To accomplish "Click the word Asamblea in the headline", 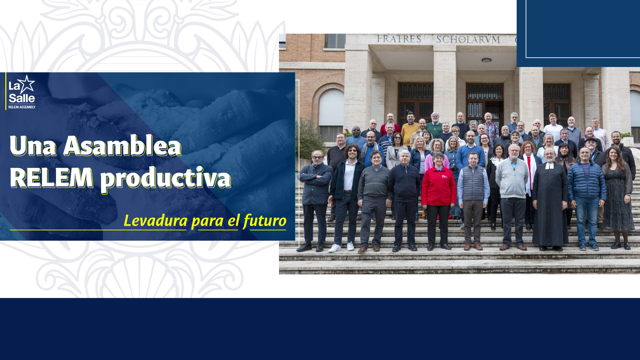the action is [x=122, y=146].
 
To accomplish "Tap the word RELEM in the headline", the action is [x=51, y=177].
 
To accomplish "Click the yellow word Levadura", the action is [x=156, y=220].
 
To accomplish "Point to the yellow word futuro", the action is [x=265, y=220].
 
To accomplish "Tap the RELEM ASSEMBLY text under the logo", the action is [x=22, y=107].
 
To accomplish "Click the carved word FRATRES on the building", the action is [x=399, y=39].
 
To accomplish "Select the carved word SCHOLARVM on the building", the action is [x=468, y=40].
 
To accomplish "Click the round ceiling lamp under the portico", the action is [x=486, y=60].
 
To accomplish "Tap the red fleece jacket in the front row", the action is [x=438, y=186].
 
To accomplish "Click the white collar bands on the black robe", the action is [x=549, y=166].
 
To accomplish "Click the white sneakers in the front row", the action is [x=341, y=247].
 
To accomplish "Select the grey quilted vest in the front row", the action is [x=473, y=183].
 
